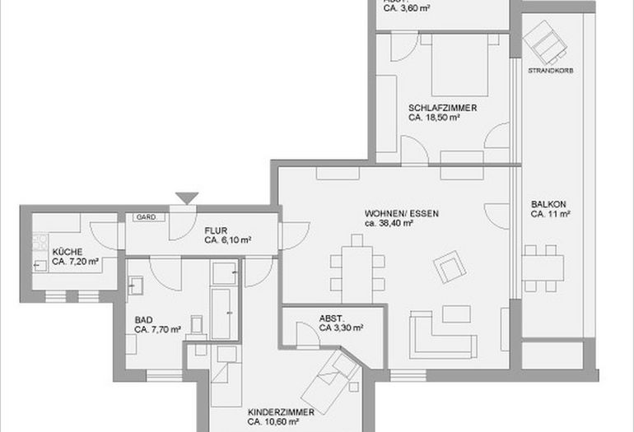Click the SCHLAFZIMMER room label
(442, 108)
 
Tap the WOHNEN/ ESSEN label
(401, 213)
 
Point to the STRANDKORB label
(551, 71)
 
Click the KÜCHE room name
(67, 252)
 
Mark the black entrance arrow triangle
(187, 197)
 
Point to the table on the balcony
(543, 264)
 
